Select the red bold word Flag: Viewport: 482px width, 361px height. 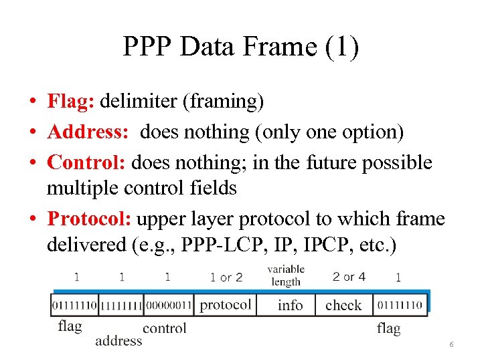coord(72,102)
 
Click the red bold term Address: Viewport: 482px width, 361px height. coord(88,132)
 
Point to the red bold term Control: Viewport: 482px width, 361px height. coord(88,162)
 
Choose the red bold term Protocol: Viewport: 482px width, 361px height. coord(92,219)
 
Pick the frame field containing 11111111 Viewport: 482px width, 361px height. coord(120,306)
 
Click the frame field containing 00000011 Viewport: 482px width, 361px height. coord(168,306)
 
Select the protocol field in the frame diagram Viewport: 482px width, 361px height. coord(226,305)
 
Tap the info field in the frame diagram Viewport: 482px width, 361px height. coord(290,305)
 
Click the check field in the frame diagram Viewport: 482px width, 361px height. coord(343,305)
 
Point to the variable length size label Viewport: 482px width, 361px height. coord(286,275)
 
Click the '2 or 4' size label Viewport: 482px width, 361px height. coord(349,275)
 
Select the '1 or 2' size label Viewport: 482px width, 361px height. coord(226,276)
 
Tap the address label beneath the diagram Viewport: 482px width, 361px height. coord(118,340)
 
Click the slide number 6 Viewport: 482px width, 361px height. coord(451,344)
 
